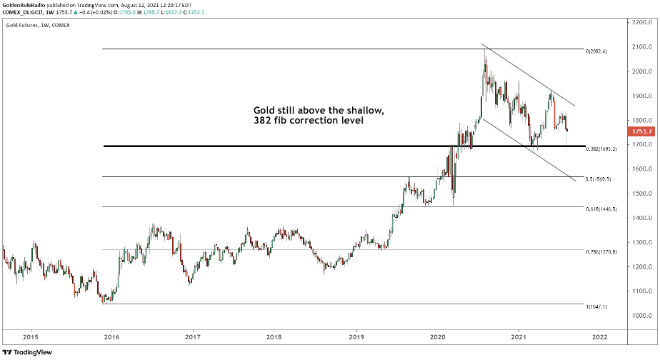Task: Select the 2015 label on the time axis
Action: [x=30, y=337]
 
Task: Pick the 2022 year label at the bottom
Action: [x=600, y=337]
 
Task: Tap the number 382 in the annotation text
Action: [x=263, y=122]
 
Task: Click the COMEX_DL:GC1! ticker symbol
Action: [x=25, y=14]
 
